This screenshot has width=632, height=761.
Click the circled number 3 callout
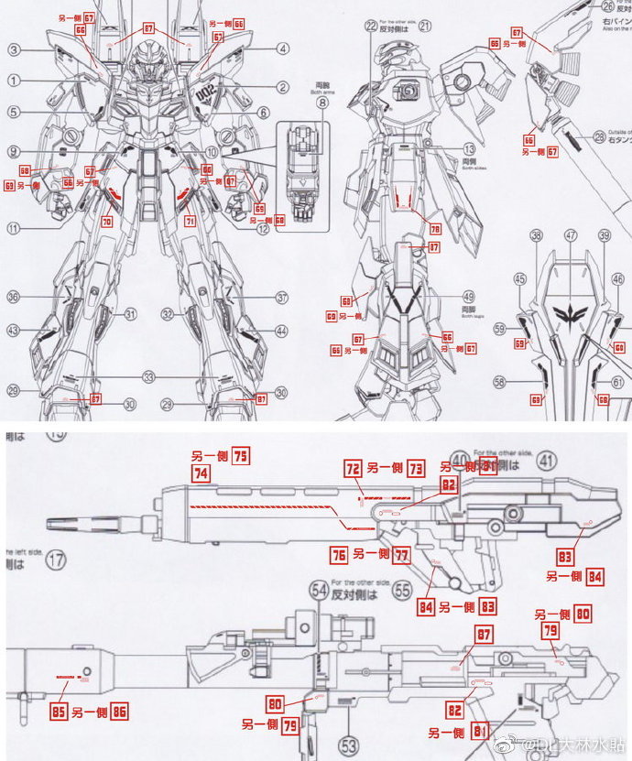click(15, 49)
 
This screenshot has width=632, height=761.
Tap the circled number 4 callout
click(285, 49)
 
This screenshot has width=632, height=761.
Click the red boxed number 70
click(107, 221)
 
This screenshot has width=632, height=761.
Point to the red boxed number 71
click(190, 221)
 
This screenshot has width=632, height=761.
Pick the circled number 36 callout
click(14, 297)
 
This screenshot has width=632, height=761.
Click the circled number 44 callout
click(281, 331)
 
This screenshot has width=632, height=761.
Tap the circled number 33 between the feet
click(147, 376)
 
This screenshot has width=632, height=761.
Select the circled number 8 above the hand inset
click(321, 103)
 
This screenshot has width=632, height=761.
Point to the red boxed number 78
click(436, 229)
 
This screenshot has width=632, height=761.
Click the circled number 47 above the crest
click(570, 235)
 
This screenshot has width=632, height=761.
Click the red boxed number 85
click(59, 710)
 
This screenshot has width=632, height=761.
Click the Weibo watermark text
click(567, 742)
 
